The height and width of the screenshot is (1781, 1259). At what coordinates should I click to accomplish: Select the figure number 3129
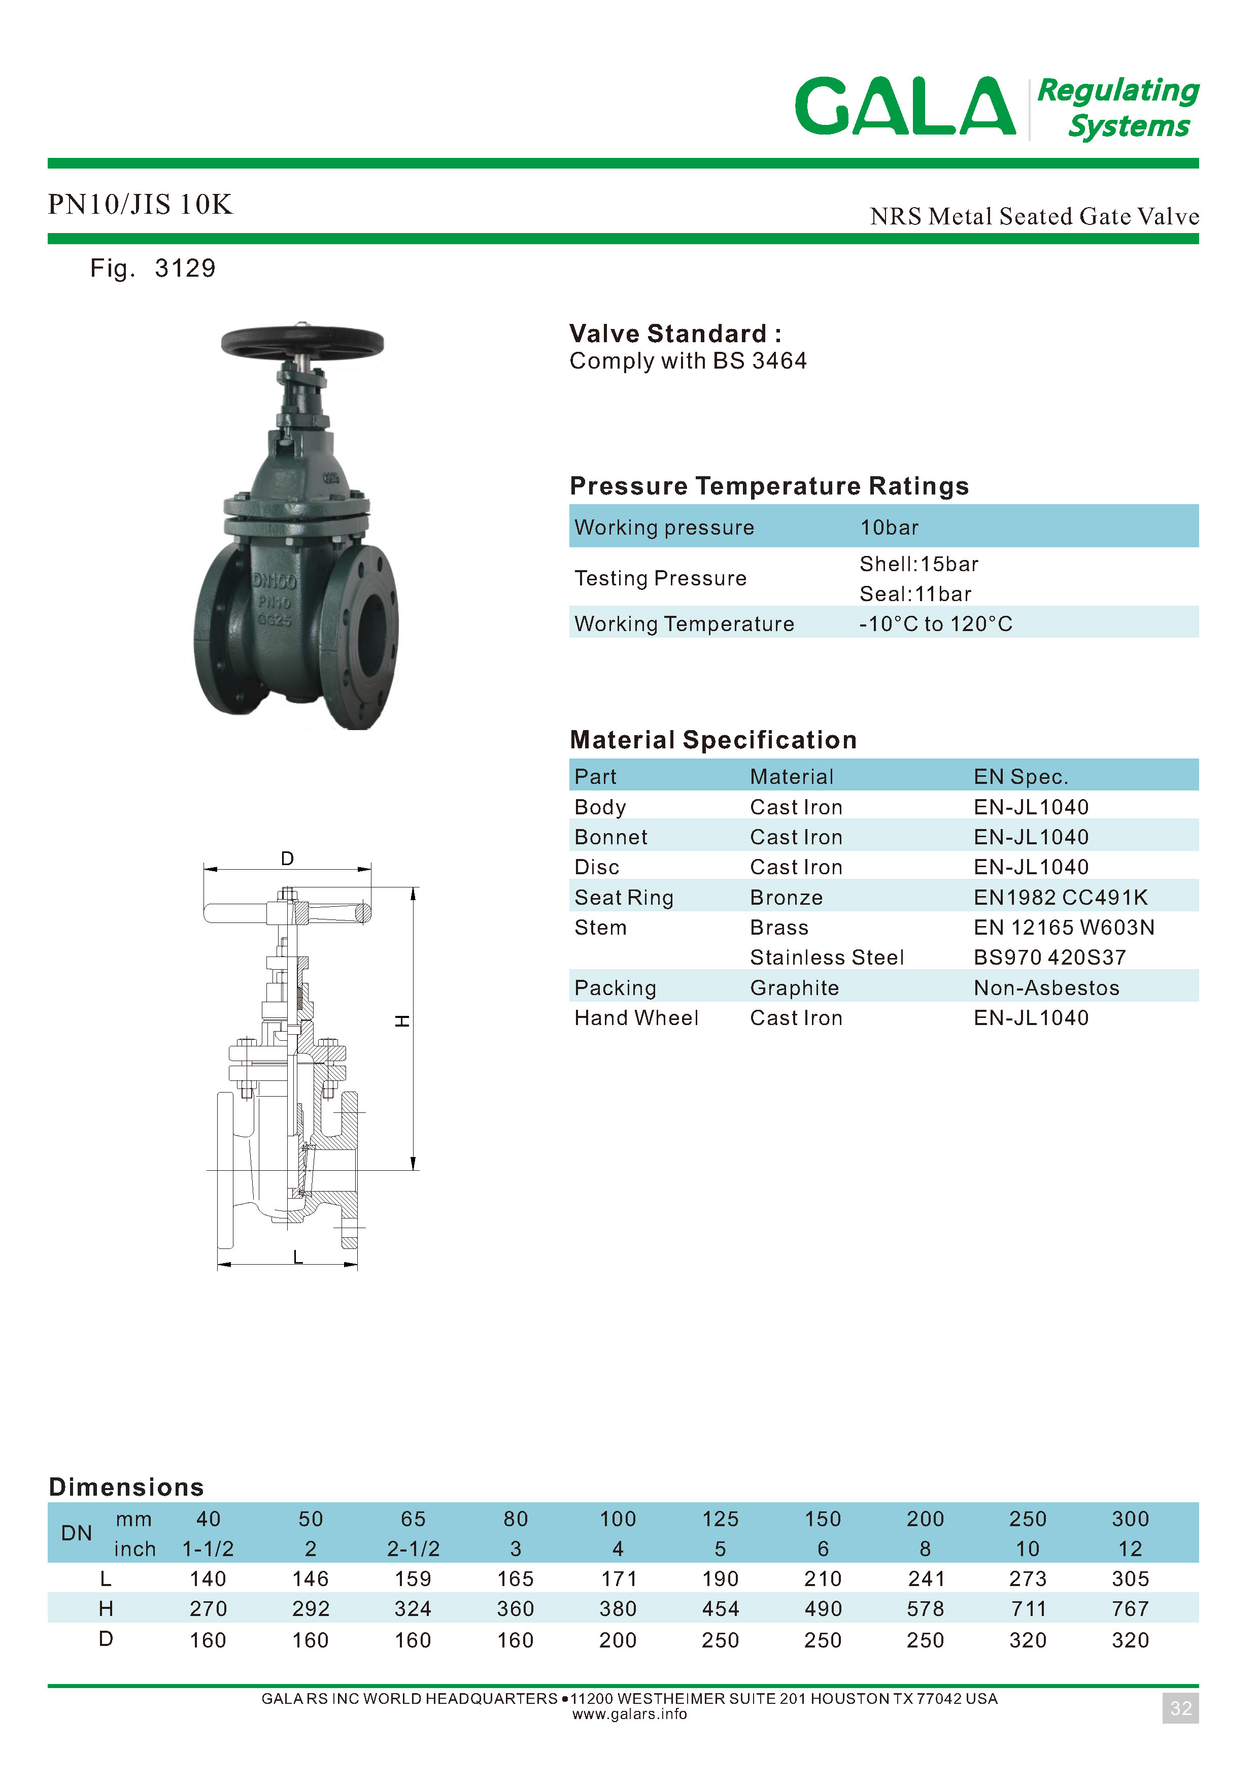pyautogui.click(x=185, y=269)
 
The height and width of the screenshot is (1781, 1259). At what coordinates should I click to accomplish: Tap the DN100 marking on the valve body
pyautogui.click(x=274, y=581)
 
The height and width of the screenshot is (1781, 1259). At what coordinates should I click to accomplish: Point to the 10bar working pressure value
pyautogui.click(x=889, y=527)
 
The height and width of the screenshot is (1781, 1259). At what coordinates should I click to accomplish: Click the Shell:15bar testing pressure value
pyautogui.click(x=918, y=564)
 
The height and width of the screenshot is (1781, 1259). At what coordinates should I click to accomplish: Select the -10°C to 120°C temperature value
pyautogui.click(x=936, y=623)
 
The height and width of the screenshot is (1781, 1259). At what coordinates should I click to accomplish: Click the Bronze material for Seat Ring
pyautogui.click(x=786, y=898)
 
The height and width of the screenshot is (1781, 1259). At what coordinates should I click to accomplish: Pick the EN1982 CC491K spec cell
pyautogui.click(x=1060, y=898)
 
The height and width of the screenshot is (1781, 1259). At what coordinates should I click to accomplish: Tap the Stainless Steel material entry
pyautogui.click(x=827, y=957)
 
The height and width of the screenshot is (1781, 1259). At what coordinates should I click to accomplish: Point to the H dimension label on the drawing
pyautogui.click(x=402, y=1021)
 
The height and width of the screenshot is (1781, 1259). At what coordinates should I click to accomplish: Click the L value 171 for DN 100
pyautogui.click(x=618, y=1578)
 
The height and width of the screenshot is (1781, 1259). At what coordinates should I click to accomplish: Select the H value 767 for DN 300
pyautogui.click(x=1130, y=1609)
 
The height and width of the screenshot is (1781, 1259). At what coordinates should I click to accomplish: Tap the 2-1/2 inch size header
pyautogui.click(x=413, y=1549)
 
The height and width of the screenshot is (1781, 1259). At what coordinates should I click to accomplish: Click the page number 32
pyautogui.click(x=1180, y=1708)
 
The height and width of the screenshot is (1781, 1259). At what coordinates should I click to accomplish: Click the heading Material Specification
pyautogui.click(x=712, y=740)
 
